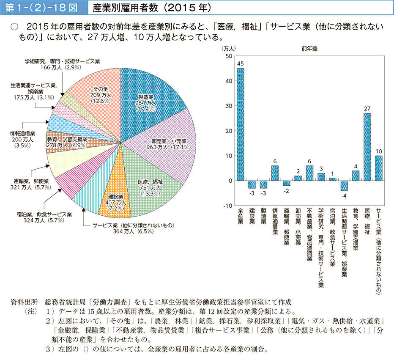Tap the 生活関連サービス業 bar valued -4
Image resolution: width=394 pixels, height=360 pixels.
click(344, 186)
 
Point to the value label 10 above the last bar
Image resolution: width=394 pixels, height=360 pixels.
click(378, 151)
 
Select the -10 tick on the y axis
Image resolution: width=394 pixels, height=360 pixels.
click(228, 206)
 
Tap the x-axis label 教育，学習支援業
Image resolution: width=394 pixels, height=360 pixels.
click(356, 228)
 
